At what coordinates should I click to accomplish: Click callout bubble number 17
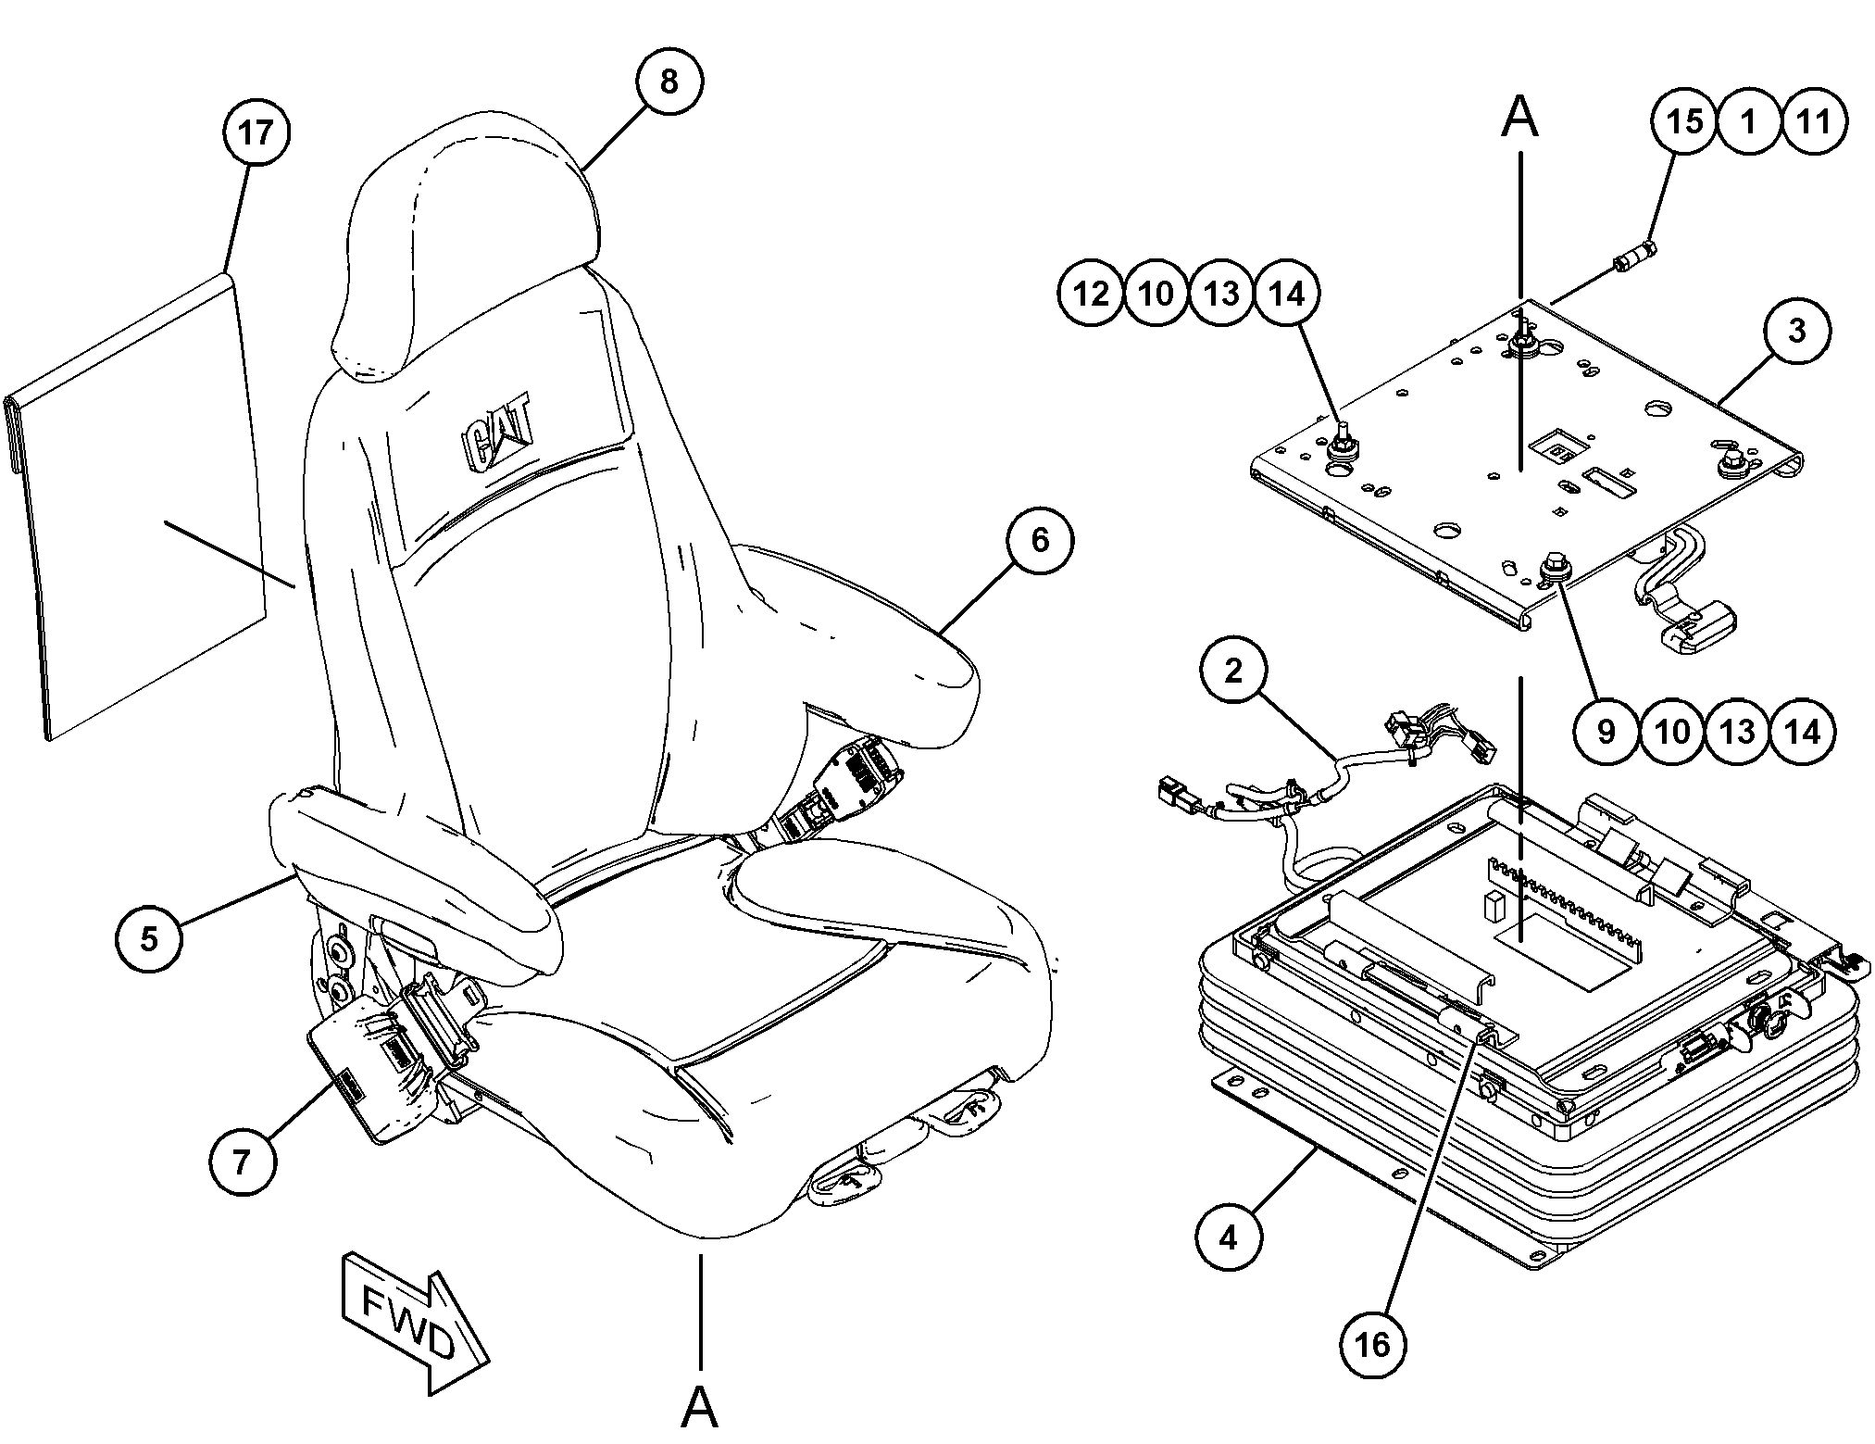pos(256,132)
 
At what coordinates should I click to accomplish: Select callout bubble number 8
pos(669,82)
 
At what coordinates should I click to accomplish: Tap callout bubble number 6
pos(1040,539)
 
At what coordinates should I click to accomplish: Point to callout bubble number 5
pos(149,938)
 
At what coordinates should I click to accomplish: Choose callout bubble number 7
pos(243,1161)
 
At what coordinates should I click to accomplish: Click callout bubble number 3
pos(1797,331)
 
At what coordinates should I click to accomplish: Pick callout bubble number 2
pos(1233,671)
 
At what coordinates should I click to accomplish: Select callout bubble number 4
pos(1229,1237)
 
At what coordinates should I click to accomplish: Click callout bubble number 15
pos(1684,120)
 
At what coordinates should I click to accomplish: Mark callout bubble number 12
pos(1091,294)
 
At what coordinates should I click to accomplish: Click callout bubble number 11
pos(1814,120)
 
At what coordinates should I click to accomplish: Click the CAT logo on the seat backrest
pos(497,433)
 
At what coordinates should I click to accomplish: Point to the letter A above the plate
pos(1519,119)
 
